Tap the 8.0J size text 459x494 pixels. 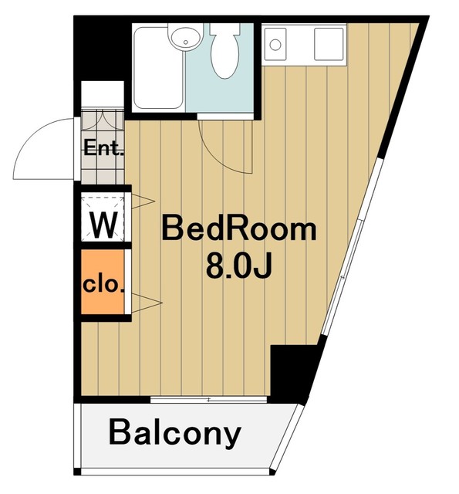[238, 267]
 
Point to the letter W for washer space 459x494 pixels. [103, 225]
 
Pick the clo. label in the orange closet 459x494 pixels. [103, 285]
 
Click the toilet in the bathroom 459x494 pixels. [224, 50]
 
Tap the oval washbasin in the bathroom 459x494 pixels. [185, 36]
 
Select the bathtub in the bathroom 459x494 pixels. [158, 68]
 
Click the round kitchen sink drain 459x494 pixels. [275, 45]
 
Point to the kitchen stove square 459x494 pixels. [329, 44]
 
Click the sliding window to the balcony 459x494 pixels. [209, 400]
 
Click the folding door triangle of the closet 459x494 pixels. [147, 303]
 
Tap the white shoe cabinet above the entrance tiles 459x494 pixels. [103, 94]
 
